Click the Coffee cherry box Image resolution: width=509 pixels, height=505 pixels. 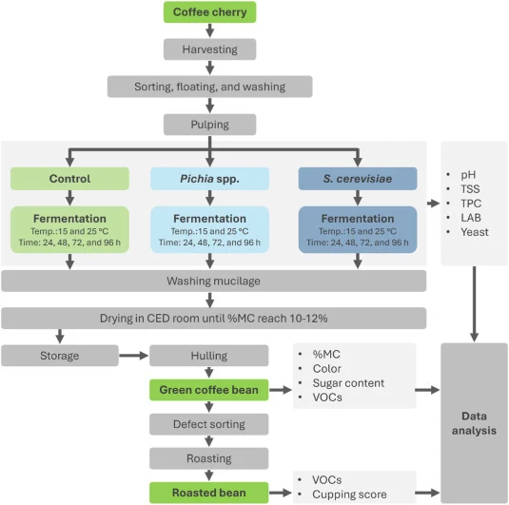[x=209, y=12]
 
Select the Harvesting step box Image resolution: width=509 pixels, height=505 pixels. [x=209, y=49]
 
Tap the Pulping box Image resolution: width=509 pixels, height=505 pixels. [x=209, y=125]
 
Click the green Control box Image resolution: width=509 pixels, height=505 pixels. [x=69, y=179]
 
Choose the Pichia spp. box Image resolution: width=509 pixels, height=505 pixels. [x=209, y=179]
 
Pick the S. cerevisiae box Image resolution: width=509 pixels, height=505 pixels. [x=358, y=179]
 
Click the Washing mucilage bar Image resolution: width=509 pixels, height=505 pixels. [x=214, y=281]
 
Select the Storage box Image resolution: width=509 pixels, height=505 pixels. [x=60, y=356]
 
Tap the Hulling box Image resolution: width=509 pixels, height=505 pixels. [x=209, y=356]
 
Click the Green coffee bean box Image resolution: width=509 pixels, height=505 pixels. [x=209, y=390]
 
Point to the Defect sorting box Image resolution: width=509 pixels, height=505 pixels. [x=209, y=424]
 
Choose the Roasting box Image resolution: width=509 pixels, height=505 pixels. [x=209, y=458]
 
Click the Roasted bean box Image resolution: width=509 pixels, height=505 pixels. [x=209, y=493]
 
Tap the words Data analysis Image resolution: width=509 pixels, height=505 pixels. [x=474, y=423]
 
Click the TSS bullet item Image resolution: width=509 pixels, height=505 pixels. [x=470, y=189]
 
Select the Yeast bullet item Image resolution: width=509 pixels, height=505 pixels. [x=475, y=232]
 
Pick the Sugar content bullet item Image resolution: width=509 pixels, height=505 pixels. [x=348, y=383]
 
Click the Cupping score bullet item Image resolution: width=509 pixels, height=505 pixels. [x=349, y=495]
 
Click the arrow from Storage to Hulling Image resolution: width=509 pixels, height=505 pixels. [x=134, y=356]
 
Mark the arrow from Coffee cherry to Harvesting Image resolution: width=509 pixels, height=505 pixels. [x=209, y=30]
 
